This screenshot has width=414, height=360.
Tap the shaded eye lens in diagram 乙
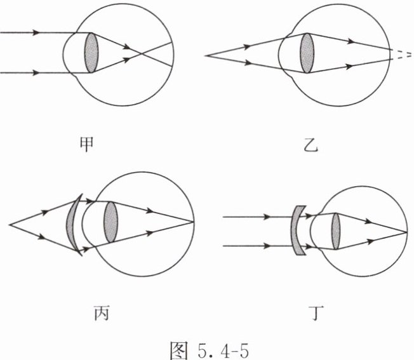click(x=307, y=53)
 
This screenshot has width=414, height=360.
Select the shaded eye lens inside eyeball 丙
click(x=110, y=222)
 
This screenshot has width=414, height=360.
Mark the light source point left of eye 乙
click(x=206, y=56)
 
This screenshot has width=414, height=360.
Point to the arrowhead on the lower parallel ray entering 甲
click(x=35, y=72)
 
